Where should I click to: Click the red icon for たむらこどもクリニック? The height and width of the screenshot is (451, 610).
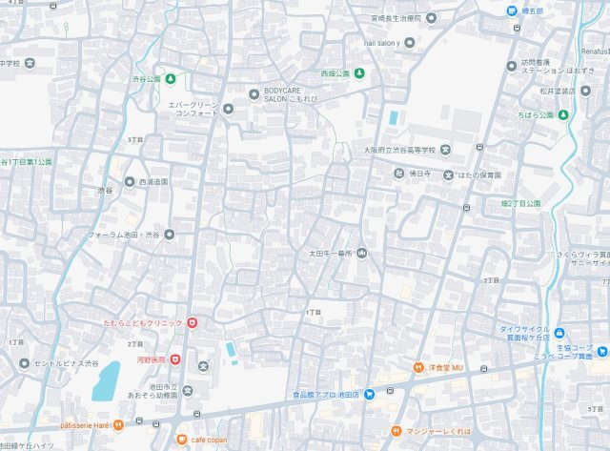193,324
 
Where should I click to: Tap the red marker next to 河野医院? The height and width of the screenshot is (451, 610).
175,359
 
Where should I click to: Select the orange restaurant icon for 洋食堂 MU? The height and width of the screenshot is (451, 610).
417,368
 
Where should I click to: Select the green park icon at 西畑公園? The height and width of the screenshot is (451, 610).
358,72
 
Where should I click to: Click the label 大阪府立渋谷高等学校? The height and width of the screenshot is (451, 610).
399,150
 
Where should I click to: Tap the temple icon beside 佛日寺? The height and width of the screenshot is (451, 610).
399,174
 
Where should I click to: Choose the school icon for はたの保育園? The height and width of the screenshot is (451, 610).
448,174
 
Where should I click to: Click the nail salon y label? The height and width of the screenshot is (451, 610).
383,43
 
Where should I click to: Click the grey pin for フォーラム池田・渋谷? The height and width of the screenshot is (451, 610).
170,234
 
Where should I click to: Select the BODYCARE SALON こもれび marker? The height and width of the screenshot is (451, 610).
254,93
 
